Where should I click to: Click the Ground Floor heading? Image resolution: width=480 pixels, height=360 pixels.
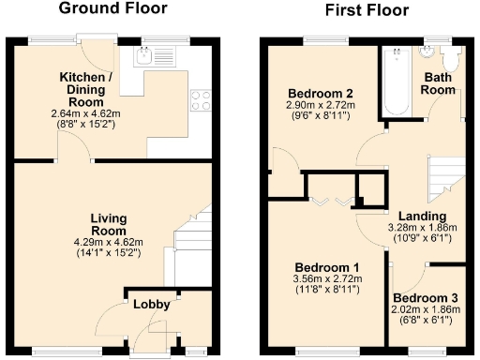coord(113,9)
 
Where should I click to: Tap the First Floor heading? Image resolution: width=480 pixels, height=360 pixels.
coord(367,10)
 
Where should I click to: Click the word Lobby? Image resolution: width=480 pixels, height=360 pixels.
coord(150,305)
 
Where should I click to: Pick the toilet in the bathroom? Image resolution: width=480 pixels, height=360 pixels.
coord(448,59)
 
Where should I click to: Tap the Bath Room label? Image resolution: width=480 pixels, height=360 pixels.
coord(439,83)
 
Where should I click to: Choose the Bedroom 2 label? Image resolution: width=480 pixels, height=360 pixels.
coord(320,94)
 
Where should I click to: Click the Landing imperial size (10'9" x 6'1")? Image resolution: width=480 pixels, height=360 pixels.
coord(422,238)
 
